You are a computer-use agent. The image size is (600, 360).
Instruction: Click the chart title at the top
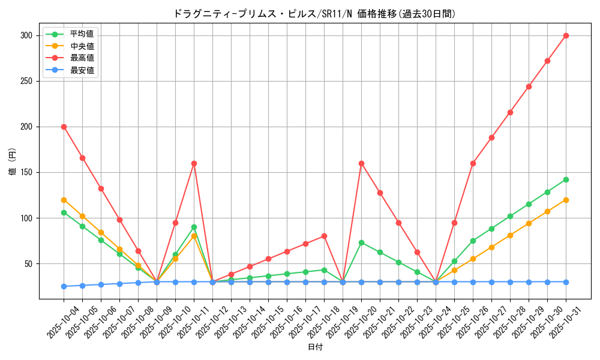pyautogui.click(x=314, y=14)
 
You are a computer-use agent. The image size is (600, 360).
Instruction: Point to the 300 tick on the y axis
pyautogui.click(x=26, y=36)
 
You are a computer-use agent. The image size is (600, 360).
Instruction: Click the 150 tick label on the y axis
pyautogui.click(x=26, y=173)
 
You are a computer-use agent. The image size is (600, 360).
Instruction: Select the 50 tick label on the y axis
pyautogui.click(x=28, y=264)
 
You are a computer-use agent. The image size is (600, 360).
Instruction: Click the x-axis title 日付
pyautogui.click(x=314, y=347)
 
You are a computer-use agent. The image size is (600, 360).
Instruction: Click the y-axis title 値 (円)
pyautogui.click(x=11, y=163)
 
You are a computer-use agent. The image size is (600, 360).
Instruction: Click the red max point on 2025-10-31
pyautogui.click(x=566, y=35)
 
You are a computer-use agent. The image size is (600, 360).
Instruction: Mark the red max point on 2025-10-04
pyautogui.click(x=64, y=127)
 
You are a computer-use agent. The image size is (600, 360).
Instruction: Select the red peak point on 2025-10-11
pyautogui.click(x=194, y=163)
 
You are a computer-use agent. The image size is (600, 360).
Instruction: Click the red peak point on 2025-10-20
pyautogui.click(x=361, y=163)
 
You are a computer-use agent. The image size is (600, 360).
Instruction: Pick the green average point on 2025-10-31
pyautogui.click(x=566, y=179)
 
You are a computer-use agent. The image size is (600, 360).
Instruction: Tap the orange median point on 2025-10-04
pyautogui.click(x=64, y=200)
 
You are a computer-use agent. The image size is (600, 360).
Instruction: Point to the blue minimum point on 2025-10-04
pyautogui.click(x=64, y=286)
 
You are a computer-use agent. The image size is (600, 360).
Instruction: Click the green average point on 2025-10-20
pyautogui.click(x=361, y=242)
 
